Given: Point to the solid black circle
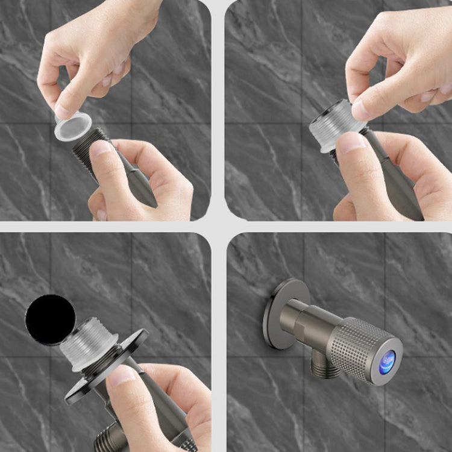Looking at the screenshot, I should coord(51,319).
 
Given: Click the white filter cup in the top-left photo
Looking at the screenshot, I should coord(73,127).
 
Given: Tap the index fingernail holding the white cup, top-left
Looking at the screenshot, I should coord(63,111).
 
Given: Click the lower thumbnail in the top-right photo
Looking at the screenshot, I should coord(351,142).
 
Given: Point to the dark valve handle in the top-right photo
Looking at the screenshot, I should coord(398,181).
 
